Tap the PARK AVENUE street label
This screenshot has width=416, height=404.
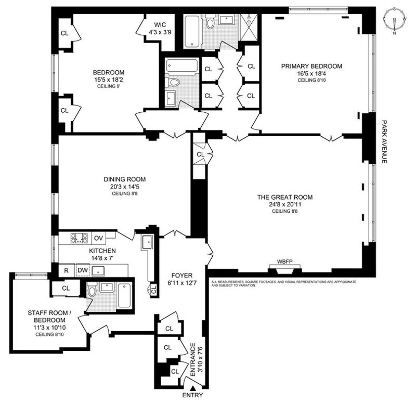[x=384, y=141]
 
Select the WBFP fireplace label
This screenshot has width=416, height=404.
[x=284, y=262]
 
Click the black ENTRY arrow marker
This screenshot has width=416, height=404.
[x=192, y=388]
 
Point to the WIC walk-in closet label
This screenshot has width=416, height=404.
[x=160, y=25]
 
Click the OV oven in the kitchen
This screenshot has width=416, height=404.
[x=98, y=238]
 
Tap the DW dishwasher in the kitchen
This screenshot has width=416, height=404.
[x=83, y=270]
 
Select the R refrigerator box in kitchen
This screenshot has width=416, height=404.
[x=67, y=270]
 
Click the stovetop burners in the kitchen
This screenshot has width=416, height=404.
[x=79, y=238]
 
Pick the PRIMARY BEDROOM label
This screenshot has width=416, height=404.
[x=311, y=66]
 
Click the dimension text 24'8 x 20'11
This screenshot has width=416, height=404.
[x=284, y=204]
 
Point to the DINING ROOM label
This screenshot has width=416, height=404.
[x=124, y=179]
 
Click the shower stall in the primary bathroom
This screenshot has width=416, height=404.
[x=249, y=28]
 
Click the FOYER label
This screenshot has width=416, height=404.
[x=181, y=276]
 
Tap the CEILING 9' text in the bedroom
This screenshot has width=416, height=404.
[x=109, y=86]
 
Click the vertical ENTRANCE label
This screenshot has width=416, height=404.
[x=193, y=359]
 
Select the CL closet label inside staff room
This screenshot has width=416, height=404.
[x=66, y=289]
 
